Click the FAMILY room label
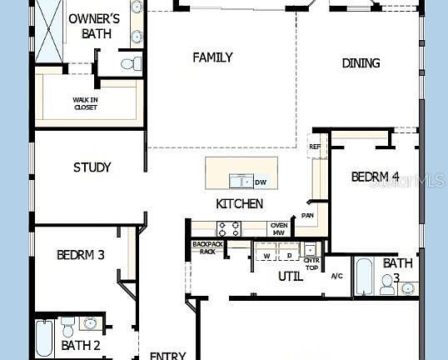[212, 57]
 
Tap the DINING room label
[361, 63]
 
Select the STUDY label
[92, 167]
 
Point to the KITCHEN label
[240, 203]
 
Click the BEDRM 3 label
[80, 255]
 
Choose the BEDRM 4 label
[375, 177]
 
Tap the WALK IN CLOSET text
[85, 103]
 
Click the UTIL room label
[290, 276]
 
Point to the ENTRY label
[167, 356]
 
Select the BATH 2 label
[81, 345]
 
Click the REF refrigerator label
[315, 147]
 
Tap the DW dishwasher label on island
[261, 182]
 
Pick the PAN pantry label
[307, 216]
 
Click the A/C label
[337, 276]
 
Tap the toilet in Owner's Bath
[129, 62]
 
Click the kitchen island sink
[241, 181]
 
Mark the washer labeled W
[266, 256]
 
